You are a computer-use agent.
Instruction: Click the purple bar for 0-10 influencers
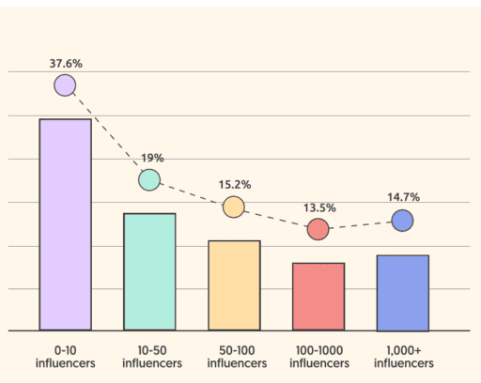(x=65, y=225)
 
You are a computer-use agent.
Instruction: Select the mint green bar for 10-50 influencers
(x=149, y=272)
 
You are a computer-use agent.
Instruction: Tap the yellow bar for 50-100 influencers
(x=234, y=285)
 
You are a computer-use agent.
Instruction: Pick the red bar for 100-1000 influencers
(x=318, y=297)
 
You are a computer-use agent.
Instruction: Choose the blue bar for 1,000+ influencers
(x=402, y=293)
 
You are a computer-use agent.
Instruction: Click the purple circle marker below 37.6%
(x=65, y=85)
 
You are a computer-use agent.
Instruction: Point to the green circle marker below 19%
(x=149, y=179)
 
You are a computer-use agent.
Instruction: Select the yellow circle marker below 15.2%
(x=234, y=207)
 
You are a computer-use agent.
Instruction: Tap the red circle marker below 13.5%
(x=318, y=229)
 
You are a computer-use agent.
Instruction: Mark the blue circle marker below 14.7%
(x=402, y=221)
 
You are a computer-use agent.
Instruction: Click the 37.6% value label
(x=65, y=63)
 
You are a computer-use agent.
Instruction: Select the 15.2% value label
(x=234, y=185)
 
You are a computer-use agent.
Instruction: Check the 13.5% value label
(x=318, y=207)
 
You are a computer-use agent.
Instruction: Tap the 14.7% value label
(x=402, y=197)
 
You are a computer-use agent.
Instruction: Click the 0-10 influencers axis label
(x=65, y=357)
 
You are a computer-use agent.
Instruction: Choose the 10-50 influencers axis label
(x=149, y=357)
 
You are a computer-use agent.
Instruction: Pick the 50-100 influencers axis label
(x=234, y=357)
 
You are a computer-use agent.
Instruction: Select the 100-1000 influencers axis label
(x=318, y=357)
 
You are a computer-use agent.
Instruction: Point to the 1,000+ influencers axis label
(x=402, y=357)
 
